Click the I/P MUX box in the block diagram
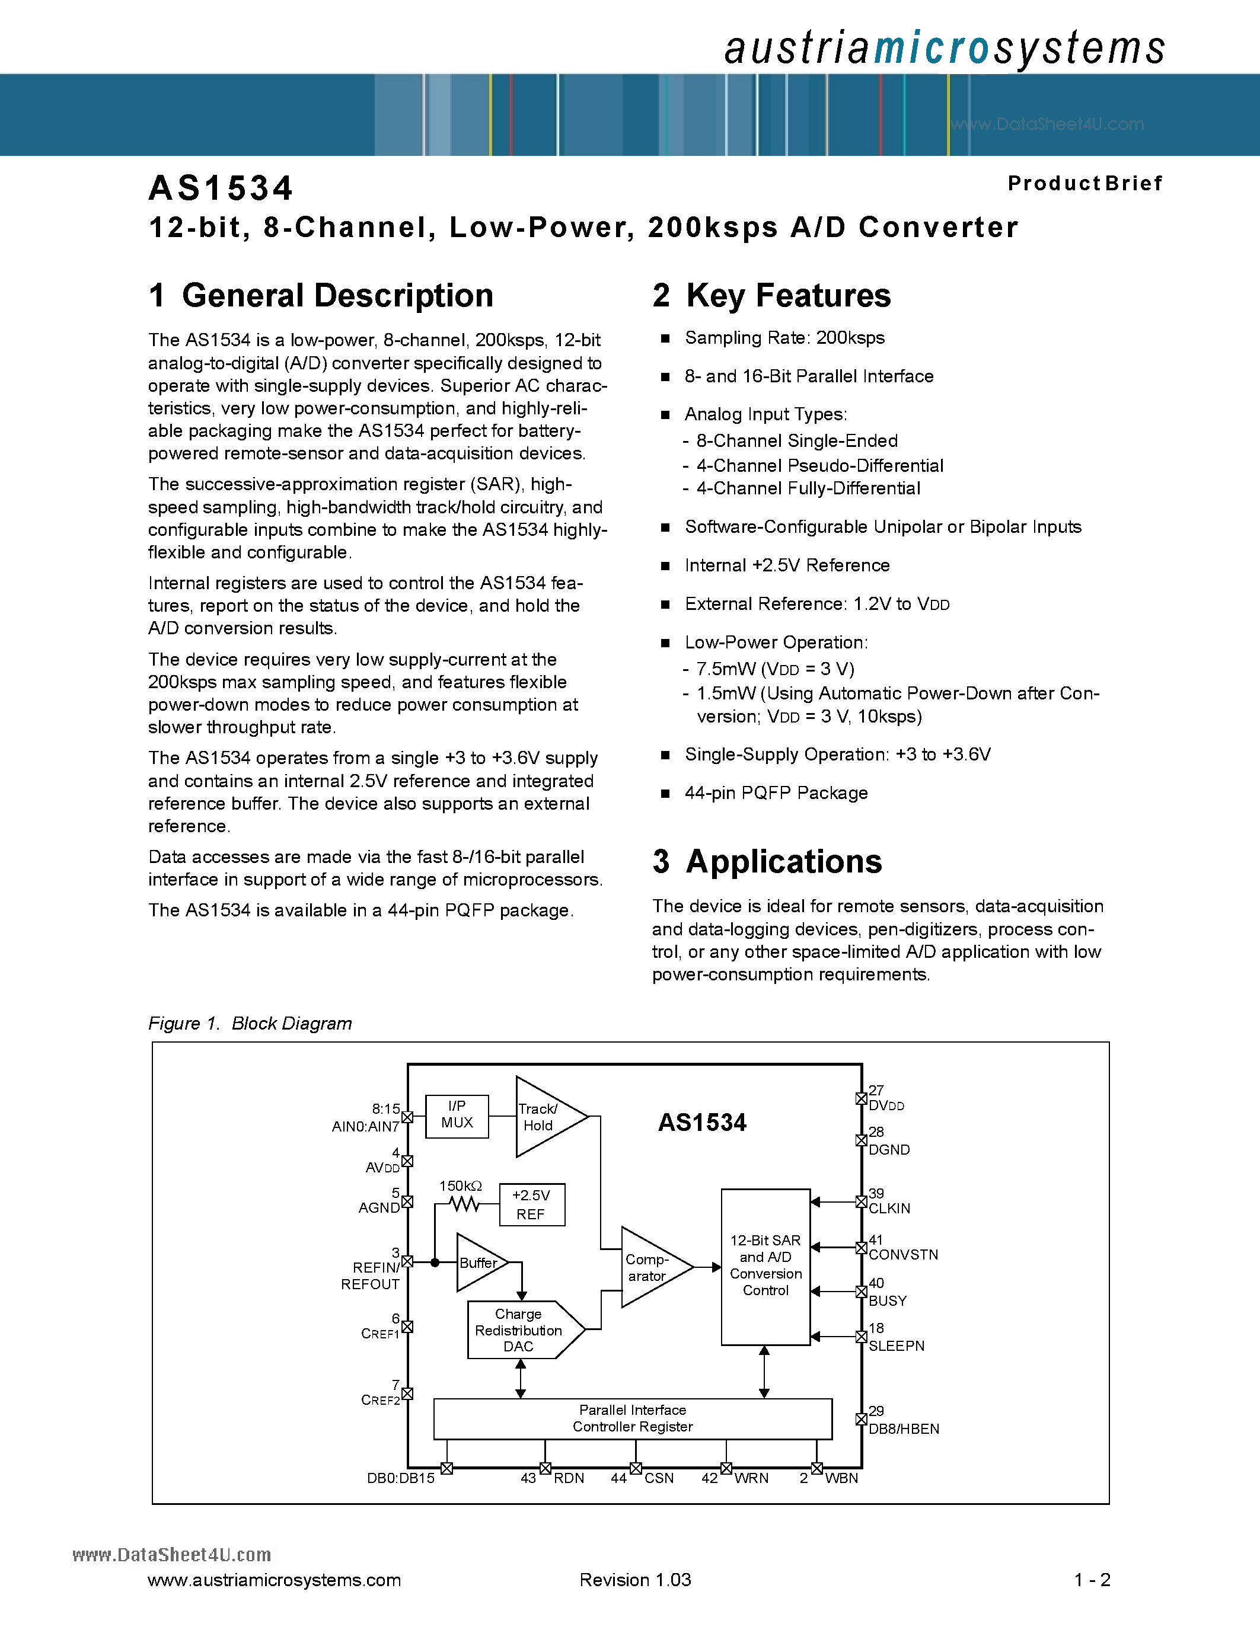click(x=457, y=1116)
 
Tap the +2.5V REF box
click(x=531, y=1204)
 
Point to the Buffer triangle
click(x=479, y=1263)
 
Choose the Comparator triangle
click(x=649, y=1267)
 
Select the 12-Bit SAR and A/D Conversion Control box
click(x=765, y=1266)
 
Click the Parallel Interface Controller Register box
click(x=632, y=1418)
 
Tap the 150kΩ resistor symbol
click(x=464, y=1204)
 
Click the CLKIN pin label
click(x=889, y=1209)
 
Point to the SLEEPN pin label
click(x=896, y=1345)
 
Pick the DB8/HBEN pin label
click(x=903, y=1428)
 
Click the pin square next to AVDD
click(x=407, y=1161)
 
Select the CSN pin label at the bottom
click(x=658, y=1478)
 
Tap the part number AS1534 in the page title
click(x=221, y=188)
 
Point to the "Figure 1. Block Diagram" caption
click(x=250, y=1023)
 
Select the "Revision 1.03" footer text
click(x=635, y=1580)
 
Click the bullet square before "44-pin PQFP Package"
click(x=665, y=794)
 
